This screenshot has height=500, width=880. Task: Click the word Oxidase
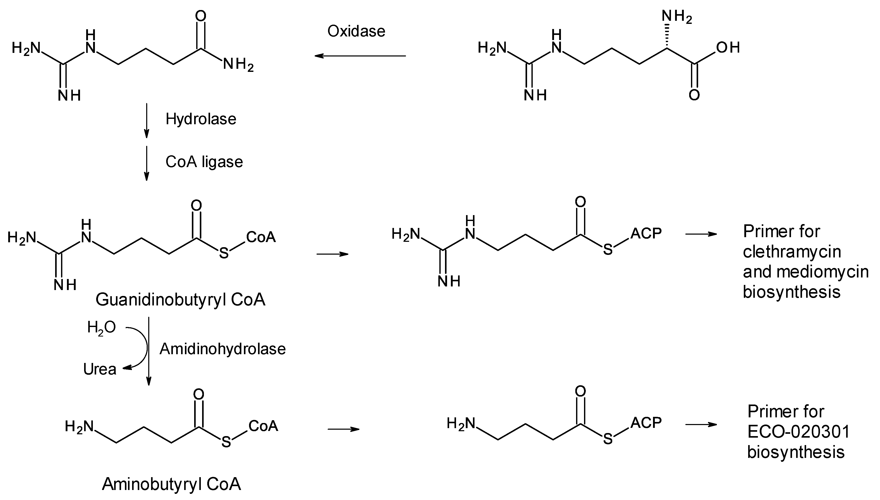coord(356,31)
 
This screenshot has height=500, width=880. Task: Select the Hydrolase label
coord(201,119)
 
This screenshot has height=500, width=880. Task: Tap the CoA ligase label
coord(204,162)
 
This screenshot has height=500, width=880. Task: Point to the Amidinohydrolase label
coord(223,349)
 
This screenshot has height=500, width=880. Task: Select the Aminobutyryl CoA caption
coord(172,484)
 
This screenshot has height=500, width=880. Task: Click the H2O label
coord(101,327)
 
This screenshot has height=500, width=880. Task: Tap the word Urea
coord(100,369)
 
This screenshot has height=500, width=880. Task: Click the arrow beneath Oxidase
coord(360,56)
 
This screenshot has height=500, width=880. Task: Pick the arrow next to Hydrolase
coord(146,120)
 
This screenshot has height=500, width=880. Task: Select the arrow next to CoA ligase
coord(146,163)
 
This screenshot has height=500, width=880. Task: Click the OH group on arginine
coord(728,48)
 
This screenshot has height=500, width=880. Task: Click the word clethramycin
coord(792,252)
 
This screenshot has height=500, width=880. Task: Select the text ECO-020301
coord(798,432)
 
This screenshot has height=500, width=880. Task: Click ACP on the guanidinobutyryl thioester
coord(646,234)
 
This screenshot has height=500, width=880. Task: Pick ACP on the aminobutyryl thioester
coord(646,423)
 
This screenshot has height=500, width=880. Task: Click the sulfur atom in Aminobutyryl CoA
coord(226,442)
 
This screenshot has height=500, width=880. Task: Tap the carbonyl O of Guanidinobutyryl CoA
coord(196,206)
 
